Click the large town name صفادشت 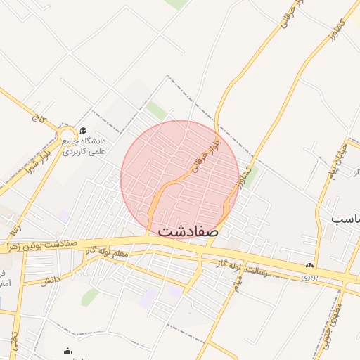188,230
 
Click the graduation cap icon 83,131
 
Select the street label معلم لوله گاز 120,257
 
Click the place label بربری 310,276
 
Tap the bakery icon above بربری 309,266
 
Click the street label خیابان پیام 330,166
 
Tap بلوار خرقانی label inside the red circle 204,160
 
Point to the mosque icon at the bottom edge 67,352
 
